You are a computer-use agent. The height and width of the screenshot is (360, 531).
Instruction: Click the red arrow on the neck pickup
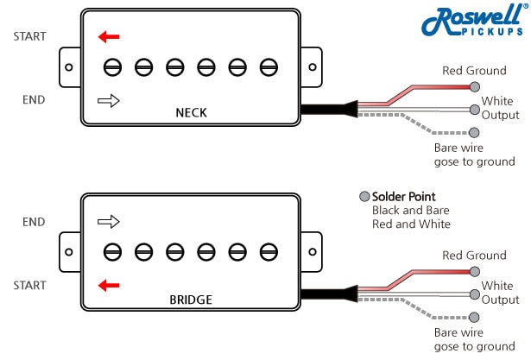(109, 36)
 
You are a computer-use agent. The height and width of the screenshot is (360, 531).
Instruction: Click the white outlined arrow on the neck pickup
(109, 101)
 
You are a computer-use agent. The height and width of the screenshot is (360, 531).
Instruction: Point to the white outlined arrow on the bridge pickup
(109, 222)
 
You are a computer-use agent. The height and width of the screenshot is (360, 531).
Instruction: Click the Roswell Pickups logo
(474, 21)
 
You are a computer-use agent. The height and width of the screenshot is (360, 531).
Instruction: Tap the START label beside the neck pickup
(29, 36)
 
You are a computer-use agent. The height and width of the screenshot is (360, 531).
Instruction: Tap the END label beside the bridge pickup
(34, 222)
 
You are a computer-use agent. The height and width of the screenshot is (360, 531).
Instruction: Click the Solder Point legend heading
(404, 197)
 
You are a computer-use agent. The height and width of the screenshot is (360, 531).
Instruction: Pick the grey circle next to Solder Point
(364, 197)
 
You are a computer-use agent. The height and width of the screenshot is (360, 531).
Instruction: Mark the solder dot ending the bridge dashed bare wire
(474, 318)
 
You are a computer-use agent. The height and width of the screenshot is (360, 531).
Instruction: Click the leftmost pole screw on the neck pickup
(112, 66)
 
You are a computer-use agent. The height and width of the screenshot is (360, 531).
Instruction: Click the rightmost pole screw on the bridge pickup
(269, 251)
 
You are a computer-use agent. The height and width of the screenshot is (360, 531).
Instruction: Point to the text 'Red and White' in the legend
(411, 224)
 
